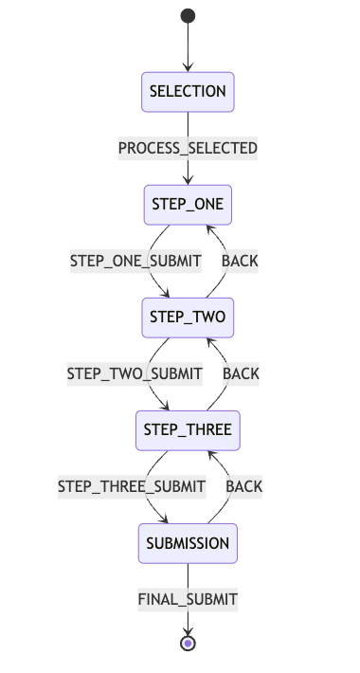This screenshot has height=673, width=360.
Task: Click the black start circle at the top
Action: tap(188, 16)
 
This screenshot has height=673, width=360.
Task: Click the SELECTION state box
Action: tap(188, 92)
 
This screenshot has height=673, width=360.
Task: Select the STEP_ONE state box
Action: tap(188, 205)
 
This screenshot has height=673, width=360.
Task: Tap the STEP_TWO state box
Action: tap(188, 318)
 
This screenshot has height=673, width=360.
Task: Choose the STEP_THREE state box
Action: tap(188, 430)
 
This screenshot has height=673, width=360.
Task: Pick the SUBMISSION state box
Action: tap(188, 543)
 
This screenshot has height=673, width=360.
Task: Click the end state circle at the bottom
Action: tap(188, 644)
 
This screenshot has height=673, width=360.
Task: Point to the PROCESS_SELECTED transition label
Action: tap(188, 149)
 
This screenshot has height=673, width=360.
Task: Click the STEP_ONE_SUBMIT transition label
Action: tap(136, 261)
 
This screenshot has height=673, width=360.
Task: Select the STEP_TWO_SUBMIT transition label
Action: tap(135, 373)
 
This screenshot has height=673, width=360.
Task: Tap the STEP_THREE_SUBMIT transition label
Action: tap(132, 486)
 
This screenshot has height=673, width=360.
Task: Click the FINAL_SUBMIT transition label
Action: tap(188, 599)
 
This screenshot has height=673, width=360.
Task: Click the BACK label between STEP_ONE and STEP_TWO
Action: tap(240, 261)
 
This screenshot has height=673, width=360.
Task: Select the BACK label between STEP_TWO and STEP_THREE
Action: tap(241, 373)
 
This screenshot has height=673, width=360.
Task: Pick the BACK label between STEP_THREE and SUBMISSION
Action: tap(243, 486)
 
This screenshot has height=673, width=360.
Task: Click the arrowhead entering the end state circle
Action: tap(188, 630)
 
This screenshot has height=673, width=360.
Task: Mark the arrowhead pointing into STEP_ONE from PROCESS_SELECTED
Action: tap(188, 180)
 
